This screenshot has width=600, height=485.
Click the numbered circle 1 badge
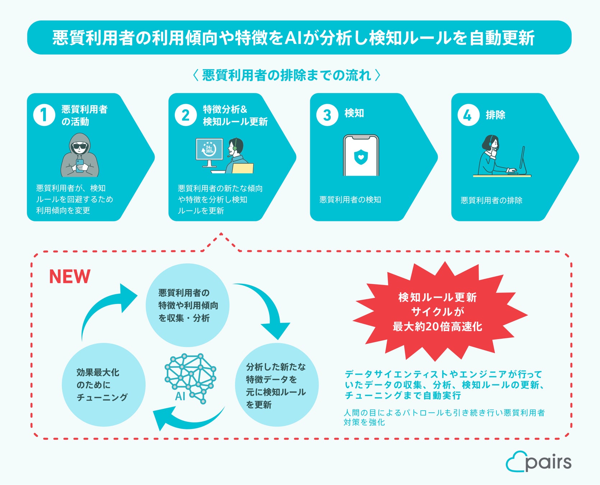(44, 115)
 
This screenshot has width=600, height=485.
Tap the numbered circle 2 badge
(186, 115)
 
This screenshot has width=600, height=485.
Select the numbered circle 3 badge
(327, 115)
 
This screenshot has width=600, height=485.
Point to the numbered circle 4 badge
(468, 115)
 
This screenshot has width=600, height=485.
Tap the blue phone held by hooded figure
(80, 165)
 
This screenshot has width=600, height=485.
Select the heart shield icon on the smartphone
(361, 157)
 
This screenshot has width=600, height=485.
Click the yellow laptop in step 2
(243, 168)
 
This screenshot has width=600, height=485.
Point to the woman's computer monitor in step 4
(522, 160)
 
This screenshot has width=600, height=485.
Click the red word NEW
(69, 277)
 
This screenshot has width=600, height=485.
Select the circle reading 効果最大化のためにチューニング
(104, 385)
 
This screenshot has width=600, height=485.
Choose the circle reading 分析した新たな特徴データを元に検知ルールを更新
(276, 385)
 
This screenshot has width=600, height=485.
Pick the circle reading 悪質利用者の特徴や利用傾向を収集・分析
(187, 305)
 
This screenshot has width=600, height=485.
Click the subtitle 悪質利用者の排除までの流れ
(287, 75)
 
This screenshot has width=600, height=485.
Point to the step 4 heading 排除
(495, 115)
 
